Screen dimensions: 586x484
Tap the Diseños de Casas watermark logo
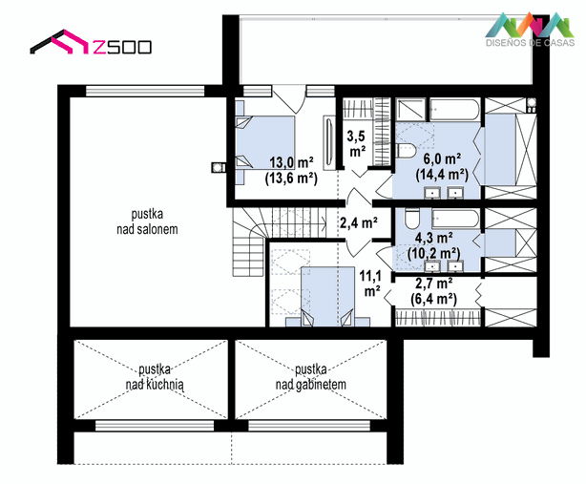530,30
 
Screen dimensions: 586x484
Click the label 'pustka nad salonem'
147,221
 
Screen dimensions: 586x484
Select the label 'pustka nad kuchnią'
155,377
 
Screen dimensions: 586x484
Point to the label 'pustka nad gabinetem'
310,377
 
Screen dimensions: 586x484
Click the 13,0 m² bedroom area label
291,171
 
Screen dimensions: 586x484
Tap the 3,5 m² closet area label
356,143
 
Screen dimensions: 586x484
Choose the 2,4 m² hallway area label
359,222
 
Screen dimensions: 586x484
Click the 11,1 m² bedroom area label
370,284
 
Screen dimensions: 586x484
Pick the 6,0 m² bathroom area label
442,167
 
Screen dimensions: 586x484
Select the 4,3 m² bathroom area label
434,245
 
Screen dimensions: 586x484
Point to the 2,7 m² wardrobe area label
434,291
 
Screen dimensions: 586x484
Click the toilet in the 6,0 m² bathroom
406,150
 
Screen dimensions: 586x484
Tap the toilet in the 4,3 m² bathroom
412,219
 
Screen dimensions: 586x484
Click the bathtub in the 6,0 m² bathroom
454,109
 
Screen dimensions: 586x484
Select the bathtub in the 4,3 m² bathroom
455,219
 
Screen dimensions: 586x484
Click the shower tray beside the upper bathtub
410,110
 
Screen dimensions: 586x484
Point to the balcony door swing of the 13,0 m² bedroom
289,99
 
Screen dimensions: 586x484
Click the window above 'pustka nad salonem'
145,91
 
